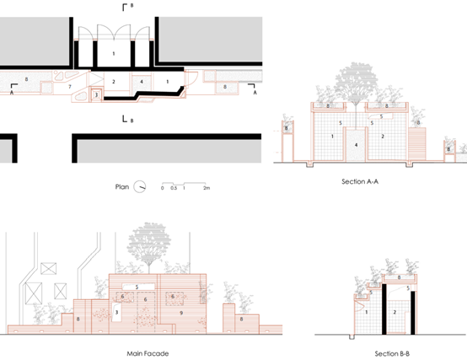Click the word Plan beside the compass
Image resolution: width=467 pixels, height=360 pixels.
coord(122,187)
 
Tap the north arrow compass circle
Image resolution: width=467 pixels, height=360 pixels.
coord(139,186)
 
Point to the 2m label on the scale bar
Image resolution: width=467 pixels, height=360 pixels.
coord(207,188)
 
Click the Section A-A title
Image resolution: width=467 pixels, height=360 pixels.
coord(360,181)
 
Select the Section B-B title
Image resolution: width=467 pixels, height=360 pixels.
coord(392,353)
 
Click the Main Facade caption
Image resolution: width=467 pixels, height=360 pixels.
coord(148,353)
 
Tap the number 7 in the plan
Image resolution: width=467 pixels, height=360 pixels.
coord(70,87)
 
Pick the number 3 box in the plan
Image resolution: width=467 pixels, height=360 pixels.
coord(96,95)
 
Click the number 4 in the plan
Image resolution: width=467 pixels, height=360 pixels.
coord(142,82)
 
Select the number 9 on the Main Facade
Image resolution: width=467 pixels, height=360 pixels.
coord(181,313)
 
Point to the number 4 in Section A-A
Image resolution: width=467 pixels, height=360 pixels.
coord(356,145)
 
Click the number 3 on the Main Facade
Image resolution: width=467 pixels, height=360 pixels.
coord(116,312)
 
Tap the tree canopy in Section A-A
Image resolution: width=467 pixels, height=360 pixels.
coord(357,79)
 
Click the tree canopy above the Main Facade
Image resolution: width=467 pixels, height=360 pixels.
coord(148,240)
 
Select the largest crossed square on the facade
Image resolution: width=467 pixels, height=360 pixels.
coord(34,293)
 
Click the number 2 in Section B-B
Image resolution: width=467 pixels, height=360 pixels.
coord(395,312)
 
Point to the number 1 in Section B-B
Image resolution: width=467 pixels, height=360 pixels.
coord(367,312)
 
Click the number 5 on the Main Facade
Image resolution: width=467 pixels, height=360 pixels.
coord(137,287)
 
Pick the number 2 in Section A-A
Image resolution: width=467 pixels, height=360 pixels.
coord(383,137)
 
